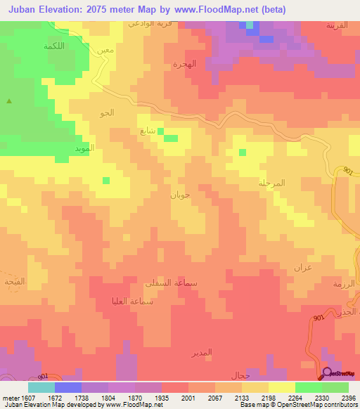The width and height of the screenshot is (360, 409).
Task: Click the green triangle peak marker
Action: click(9, 101)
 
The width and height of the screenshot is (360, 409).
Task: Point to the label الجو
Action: click(108, 112)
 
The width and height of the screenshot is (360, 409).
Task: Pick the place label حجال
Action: click(241, 376)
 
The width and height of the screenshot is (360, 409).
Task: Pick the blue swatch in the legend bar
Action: click(68, 387)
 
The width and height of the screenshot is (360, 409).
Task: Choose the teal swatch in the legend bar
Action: click(41, 387)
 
